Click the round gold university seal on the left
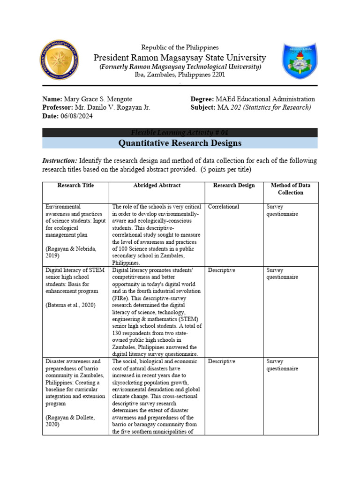[x=59, y=60]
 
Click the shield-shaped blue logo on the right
[x=300, y=60]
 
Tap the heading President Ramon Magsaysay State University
[x=180, y=58]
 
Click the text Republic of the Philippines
[x=180, y=47]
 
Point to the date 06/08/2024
[x=75, y=117]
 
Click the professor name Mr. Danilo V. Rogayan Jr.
[x=112, y=108]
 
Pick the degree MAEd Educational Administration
[x=265, y=99]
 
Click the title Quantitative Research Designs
[x=180, y=143]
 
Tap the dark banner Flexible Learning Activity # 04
[x=180, y=132]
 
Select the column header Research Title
[x=75, y=186]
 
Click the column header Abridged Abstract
[x=157, y=186]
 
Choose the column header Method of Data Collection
[x=290, y=189]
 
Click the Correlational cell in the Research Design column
[x=224, y=207]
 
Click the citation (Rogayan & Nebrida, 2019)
[x=71, y=252]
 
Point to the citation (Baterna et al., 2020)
[x=71, y=305]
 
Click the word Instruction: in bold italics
[x=60, y=161]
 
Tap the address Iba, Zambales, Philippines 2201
[x=180, y=75]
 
